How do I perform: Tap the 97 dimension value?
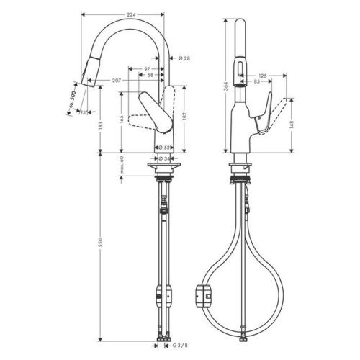click(x=148, y=68)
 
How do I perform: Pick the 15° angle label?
click(x=84, y=112)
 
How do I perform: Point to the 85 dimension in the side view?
click(x=256, y=81)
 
